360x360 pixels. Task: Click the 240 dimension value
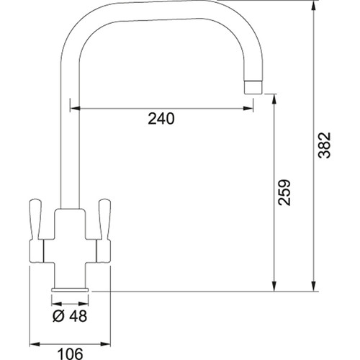pos(161,119)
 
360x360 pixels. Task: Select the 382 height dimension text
pos(325,145)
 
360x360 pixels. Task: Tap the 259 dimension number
pos(284,192)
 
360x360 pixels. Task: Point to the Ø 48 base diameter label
pos(70,316)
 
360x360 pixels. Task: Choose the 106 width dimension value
pos(71,354)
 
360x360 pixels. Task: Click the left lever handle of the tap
pos(35,220)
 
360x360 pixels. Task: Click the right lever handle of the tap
pos(104,220)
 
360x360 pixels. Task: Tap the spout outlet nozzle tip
pos(253,87)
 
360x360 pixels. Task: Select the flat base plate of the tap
pos(70,289)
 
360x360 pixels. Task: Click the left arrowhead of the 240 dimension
pos(75,109)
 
